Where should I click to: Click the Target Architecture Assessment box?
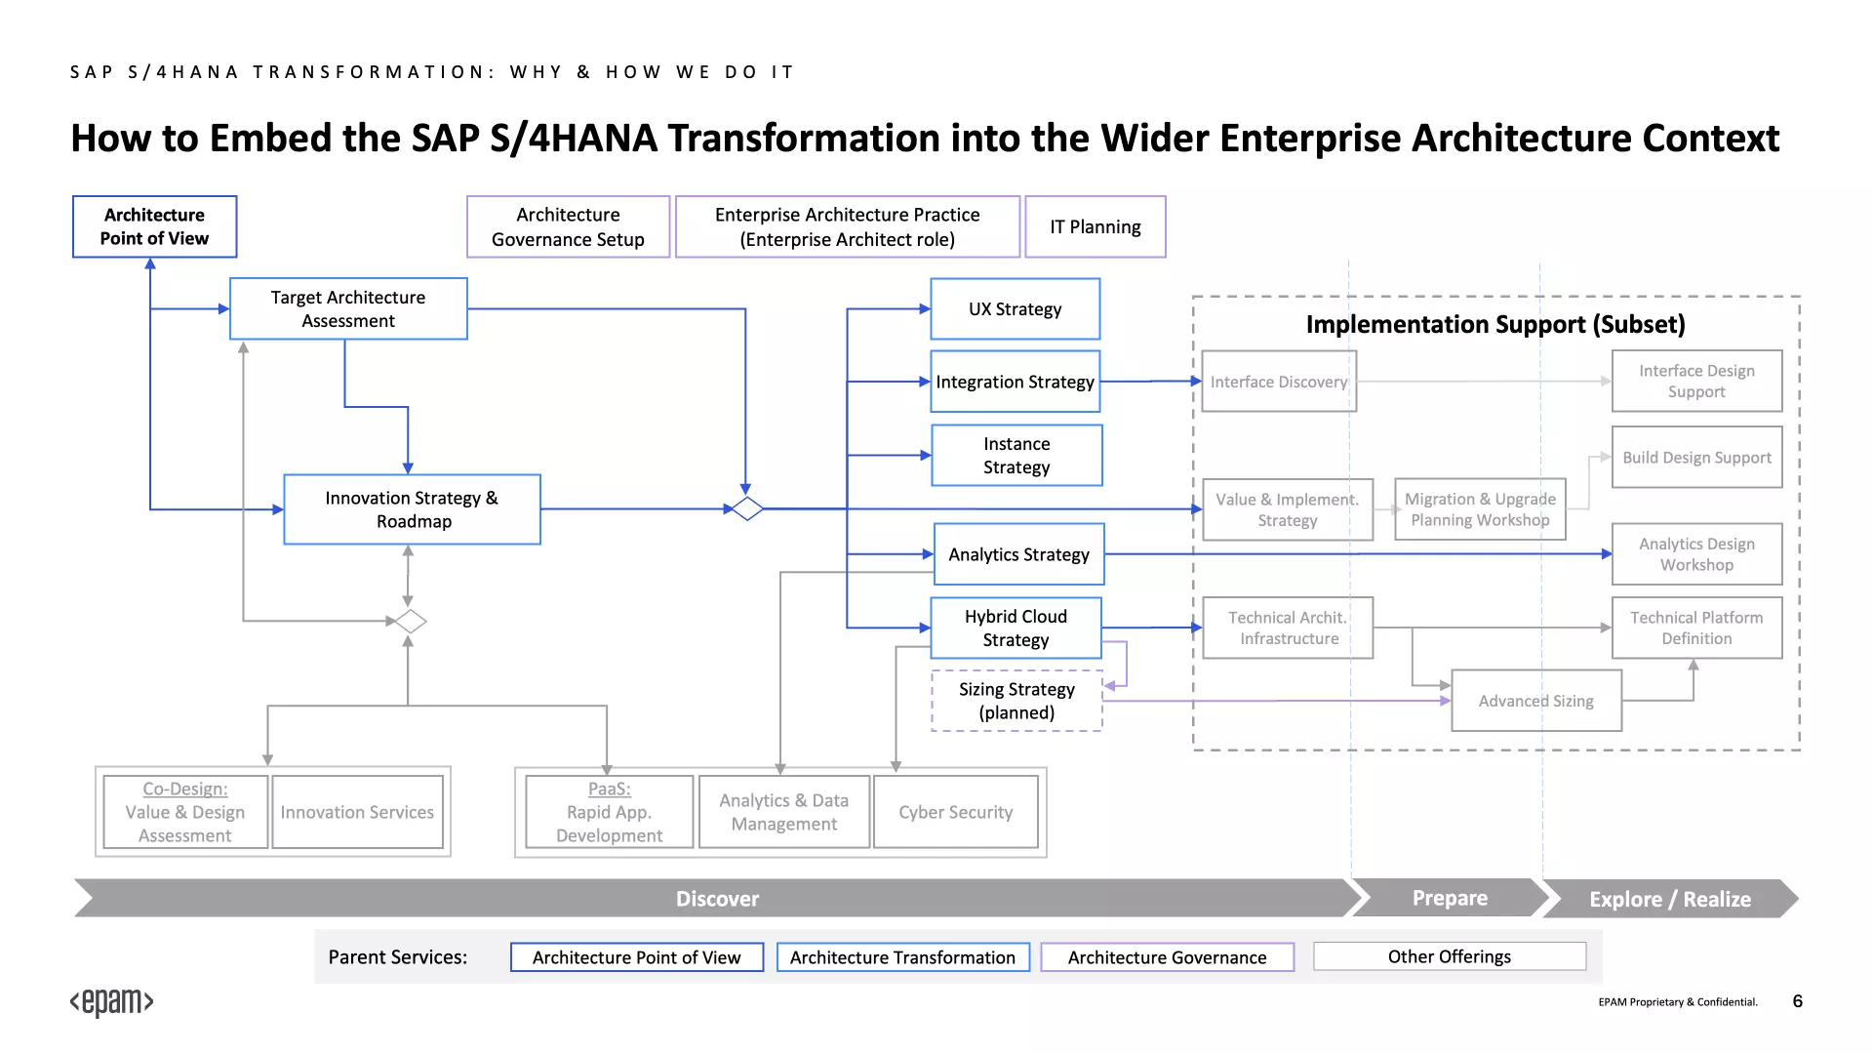(x=348, y=308)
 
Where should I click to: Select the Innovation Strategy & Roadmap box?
(x=412, y=509)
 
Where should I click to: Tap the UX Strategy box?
(x=1016, y=308)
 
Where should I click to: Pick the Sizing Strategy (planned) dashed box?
(x=1016, y=701)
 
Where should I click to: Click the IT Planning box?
(x=1096, y=226)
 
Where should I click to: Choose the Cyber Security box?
(x=956, y=812)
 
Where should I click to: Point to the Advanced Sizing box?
(x=1536, y=701)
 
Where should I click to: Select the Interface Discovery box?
(x=1279, y=382)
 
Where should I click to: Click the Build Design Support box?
(x=1697, y=457)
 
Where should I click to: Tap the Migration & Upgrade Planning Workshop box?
(x=1480, y=509)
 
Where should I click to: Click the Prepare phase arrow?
(x=1451, y=898)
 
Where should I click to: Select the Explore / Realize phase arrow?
(x=1670, y=899)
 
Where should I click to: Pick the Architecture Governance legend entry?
(x=1168, y=957)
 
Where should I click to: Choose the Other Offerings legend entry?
(x=1450, y=956)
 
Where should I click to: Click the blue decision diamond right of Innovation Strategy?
(x=747, y=508)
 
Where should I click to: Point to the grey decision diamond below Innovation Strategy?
(x=411, y=621)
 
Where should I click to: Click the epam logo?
(x=112, y=1002)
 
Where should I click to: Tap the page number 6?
(x=1798, y=1001)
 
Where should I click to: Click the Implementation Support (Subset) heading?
(x=1495, y=324)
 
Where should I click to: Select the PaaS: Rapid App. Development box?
(x=610, y=812)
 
